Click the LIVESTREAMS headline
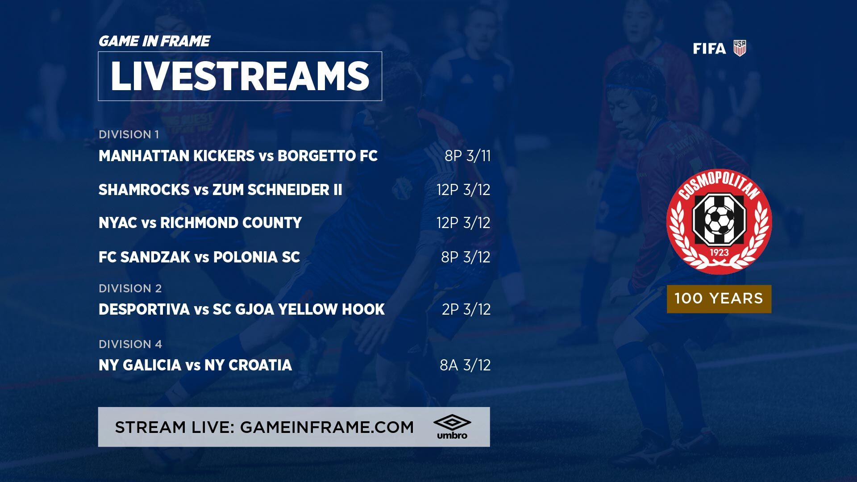click(x=240, y=76)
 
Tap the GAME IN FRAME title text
click(x=154, y=41)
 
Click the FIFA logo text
click(x=709, y=49)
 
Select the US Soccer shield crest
click(x=740, y=48)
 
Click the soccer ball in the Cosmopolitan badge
click(x=719, y=220)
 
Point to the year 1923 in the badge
click(x=719, y=253)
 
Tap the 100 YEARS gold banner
click(x=719, y=299)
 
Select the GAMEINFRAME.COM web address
click(x=327, y=427)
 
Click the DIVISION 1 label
click(x=129, y=134)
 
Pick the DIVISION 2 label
click(x=130, y=288)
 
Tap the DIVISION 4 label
click(x=130, y=344)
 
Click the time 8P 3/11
click(x=467, y=156)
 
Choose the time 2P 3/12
click(x=466, y=309)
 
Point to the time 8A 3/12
click(x=465, y=365)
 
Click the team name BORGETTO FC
click(x=328, y=156)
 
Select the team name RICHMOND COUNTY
click(x=231, y=223)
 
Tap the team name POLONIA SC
click(x=256, y=257)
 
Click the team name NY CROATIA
click(x=248, y=365)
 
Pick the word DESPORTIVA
click(x=144, y=309)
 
